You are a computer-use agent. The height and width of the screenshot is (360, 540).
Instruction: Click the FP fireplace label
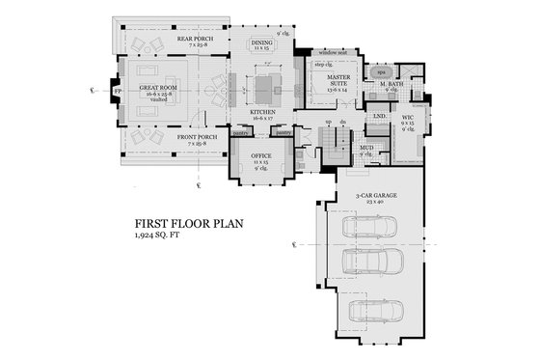[119, 94]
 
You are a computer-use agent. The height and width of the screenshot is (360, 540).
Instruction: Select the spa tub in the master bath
[380, 72]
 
